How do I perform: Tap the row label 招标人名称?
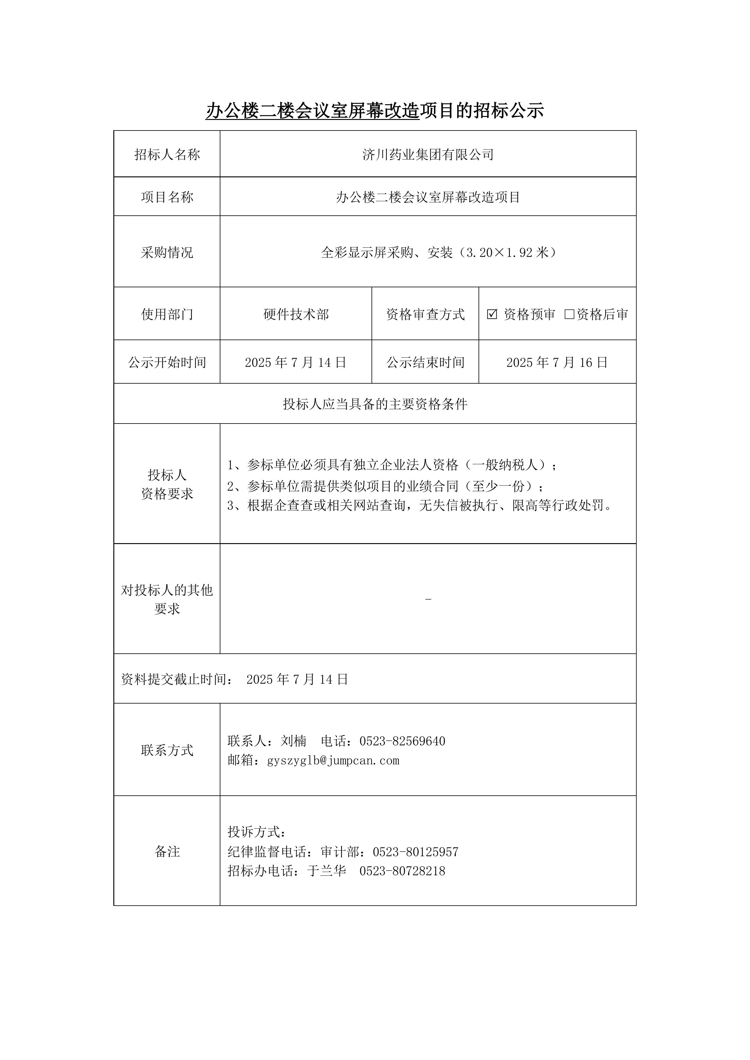[167, 155]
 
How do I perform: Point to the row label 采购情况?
[167, 253]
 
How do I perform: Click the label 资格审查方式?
[425, 314]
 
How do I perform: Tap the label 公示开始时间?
[167, 362]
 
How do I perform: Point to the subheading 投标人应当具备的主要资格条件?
[375, 404]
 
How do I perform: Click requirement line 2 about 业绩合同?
[385, 486]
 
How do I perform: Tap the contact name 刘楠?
[294, 741]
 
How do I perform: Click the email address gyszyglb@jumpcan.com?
[333, 760]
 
